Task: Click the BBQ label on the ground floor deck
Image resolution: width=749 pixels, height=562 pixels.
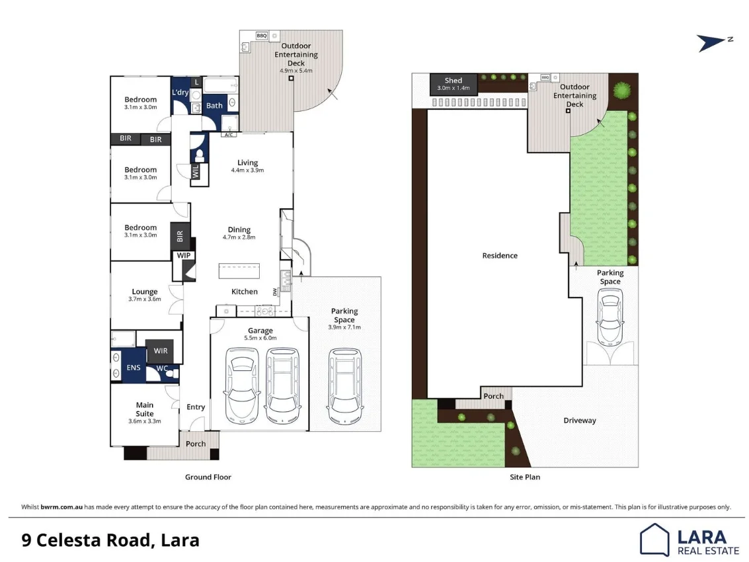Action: [261, 35]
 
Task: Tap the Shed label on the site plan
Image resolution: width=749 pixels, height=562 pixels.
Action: [453, 81]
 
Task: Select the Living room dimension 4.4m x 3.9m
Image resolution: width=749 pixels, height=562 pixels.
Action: [248, 170]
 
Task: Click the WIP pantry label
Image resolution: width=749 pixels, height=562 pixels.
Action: [182, 255]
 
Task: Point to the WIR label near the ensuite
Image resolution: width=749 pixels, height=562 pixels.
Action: [161, 350]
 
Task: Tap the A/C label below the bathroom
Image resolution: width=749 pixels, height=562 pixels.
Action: [229, 135]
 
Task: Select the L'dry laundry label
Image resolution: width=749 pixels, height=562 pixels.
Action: [180, 93]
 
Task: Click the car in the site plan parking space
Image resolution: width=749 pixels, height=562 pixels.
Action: [610, 319]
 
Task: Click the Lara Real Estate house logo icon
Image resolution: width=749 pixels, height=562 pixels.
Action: [654, 539]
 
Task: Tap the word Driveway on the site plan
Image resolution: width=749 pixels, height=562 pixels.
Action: [580, 421]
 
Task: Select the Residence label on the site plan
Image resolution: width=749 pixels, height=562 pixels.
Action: [500, 256]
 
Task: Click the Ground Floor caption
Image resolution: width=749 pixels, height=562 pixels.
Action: [208, 477]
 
